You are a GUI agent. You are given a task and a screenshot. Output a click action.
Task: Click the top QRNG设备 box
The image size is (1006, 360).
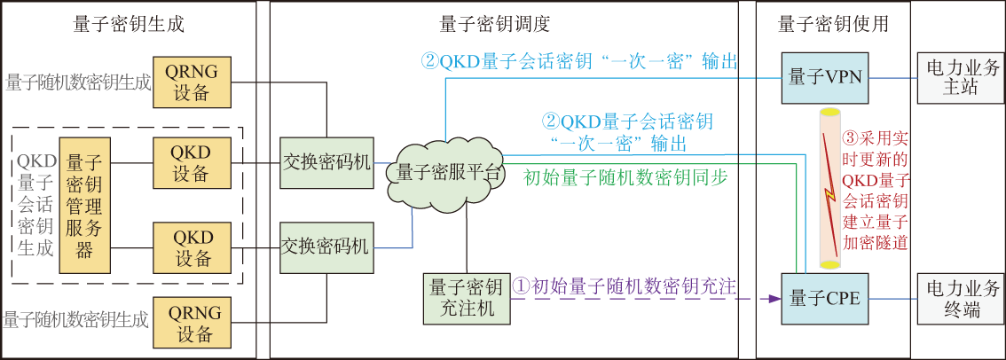pos(192,82)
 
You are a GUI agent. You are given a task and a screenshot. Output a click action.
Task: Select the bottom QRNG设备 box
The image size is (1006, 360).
pos(192,323)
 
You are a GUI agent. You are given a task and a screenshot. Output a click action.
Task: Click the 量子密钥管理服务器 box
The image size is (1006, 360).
pos(84,205)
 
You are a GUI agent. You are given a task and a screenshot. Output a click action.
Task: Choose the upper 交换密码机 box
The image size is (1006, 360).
pos(325,163)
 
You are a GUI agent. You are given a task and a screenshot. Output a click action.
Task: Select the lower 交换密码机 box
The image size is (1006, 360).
pos(325,247)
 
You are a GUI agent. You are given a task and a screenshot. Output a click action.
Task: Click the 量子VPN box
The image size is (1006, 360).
pos(824,77)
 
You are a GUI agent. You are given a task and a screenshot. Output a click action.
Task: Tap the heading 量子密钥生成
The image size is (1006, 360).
pos(129,25)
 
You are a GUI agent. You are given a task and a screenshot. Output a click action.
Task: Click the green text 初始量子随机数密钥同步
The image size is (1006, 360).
pos(625,177)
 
